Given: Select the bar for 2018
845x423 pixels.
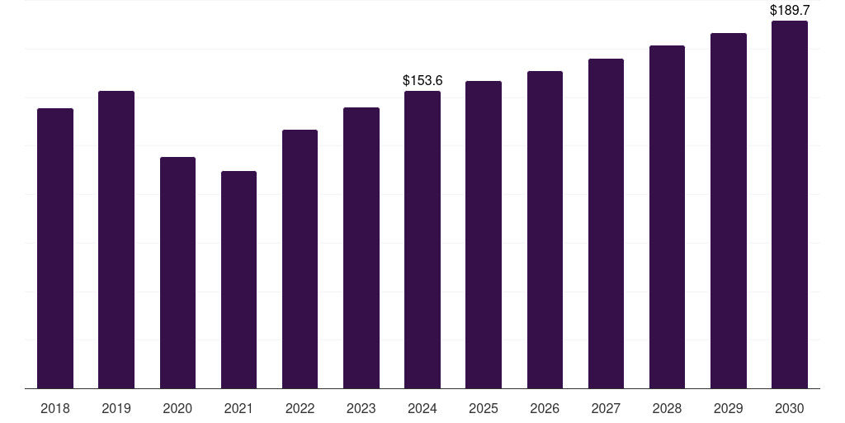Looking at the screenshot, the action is (55, 248).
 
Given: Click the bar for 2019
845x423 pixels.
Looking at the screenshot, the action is (116, 240).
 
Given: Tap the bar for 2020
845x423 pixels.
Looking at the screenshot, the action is (178, 273).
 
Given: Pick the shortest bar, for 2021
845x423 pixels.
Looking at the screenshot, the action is (238, 279).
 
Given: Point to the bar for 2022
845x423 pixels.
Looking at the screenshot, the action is (300, 259).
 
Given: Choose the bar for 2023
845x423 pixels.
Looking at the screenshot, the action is (361, 248).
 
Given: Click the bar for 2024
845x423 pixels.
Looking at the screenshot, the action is (422, 240).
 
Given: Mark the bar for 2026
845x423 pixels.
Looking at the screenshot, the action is (545, 230).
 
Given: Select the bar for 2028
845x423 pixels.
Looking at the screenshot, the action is (667, 217).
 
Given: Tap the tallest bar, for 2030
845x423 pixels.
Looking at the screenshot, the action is (790, 205).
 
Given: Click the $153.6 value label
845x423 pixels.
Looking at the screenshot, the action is (422, 80).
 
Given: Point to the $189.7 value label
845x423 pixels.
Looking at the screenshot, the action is (790, 10).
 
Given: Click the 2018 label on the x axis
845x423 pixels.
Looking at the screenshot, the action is (55, 408).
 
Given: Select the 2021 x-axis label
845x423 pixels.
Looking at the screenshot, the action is (238, 408).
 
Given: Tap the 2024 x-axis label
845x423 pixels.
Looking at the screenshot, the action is (422, 408).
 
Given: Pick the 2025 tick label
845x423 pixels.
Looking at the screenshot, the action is (484, 408).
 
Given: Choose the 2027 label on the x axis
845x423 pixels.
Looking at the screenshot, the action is (606, 408).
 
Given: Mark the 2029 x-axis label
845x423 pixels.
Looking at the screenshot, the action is (729, 408).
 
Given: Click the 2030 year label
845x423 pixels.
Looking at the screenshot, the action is (790, 408).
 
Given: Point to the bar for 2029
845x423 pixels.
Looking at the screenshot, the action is (729, 211).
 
